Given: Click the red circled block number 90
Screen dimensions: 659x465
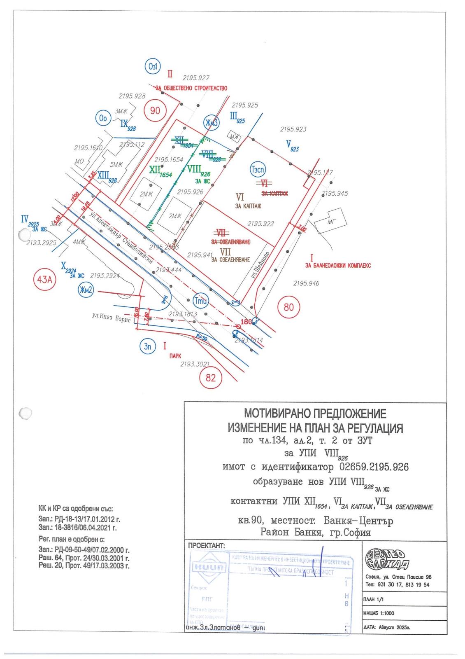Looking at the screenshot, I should [155, 110].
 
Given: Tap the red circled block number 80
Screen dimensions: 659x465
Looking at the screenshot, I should [289, 307].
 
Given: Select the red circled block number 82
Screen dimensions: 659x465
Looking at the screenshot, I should [210, 377].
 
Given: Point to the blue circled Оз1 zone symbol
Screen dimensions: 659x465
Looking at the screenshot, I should [152, 67].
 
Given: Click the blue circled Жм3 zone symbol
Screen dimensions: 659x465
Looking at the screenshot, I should [212, 122].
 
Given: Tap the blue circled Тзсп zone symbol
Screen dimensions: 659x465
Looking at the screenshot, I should [258, 170].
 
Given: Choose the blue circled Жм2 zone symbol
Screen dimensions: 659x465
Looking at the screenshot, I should [86, 290].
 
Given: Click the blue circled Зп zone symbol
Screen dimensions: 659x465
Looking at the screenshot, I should [147, 346].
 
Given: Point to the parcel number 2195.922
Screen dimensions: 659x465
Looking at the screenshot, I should [260, 224].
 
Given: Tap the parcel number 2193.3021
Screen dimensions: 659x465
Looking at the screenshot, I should [195, 364].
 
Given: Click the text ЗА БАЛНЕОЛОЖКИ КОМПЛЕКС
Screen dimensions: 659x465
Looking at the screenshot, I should [338, 266].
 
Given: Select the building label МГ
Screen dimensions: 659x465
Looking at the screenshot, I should [331, 222].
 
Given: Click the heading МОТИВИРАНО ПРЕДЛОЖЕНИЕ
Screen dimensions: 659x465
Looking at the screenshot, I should [315, 413].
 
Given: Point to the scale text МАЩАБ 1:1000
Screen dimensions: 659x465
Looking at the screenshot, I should [379, 613].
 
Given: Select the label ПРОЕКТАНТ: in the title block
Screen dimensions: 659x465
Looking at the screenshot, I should [207, 545].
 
